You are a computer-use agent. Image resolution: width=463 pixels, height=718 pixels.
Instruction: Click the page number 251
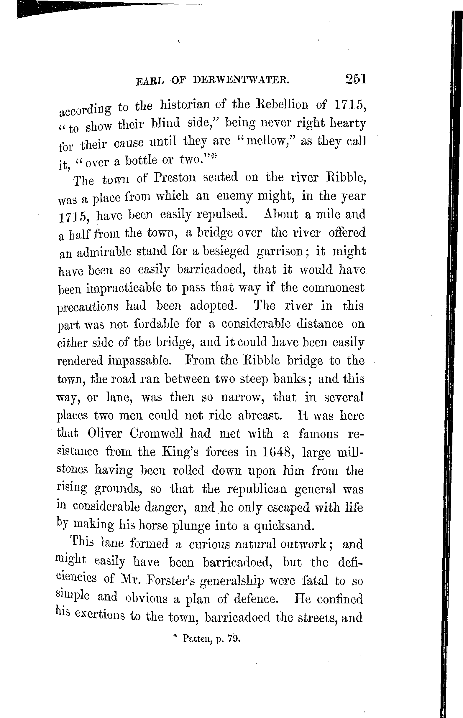click(x=356, y=79)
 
